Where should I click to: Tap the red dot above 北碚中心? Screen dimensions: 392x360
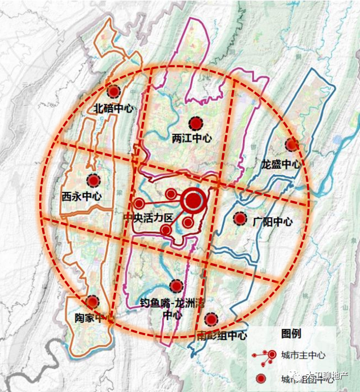(114, 91)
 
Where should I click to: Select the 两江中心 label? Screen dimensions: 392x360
(191, 138)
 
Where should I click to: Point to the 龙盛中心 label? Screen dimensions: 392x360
(280, 164)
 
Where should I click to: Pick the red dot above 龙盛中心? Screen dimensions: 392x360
(292, 145)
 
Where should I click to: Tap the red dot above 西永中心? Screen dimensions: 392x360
(93, 181)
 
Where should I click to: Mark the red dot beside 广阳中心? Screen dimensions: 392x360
(240, 218)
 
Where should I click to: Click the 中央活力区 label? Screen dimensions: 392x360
(148, 218)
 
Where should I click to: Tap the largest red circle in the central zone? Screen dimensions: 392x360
(193, 200)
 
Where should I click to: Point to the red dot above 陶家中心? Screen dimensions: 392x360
(92, 301)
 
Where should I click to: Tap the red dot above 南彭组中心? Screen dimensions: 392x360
(212, 319)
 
